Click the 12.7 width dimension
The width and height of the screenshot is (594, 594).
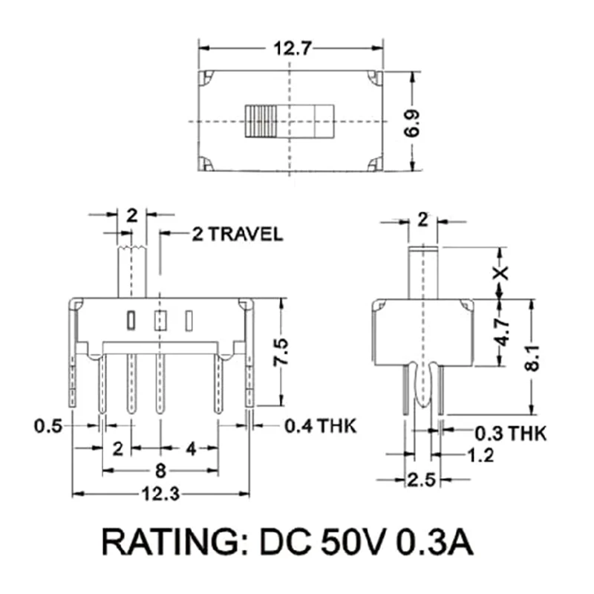pos(291,49)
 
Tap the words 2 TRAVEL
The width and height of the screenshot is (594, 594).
pos(237,235)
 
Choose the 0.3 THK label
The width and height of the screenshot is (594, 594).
pos(509,433)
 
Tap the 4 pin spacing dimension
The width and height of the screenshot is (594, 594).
pos(191,448)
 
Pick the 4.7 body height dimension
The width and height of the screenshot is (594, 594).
pos(503,332)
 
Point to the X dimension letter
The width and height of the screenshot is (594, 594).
pos(502,272)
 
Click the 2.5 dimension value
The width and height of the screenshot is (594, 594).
pos(421,480)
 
